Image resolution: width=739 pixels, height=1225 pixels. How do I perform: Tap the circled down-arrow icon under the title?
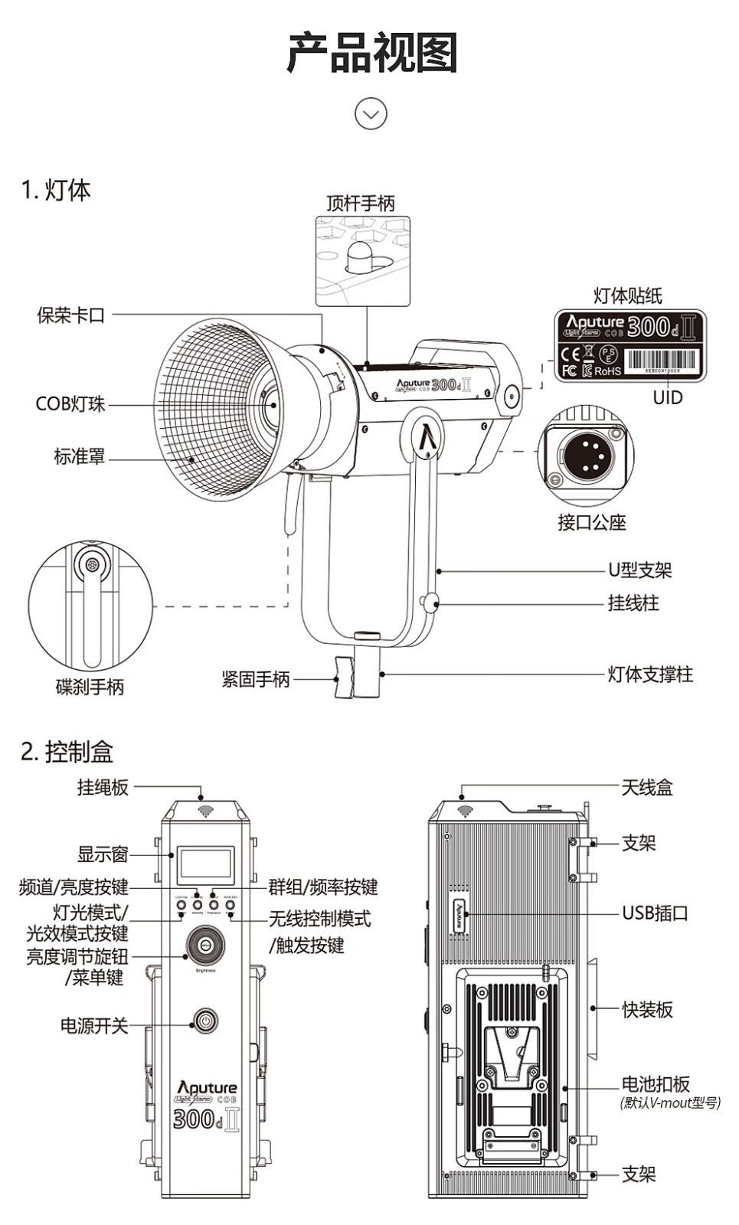pyautogui.click(x=371, y=114)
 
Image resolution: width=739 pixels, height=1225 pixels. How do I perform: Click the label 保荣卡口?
pyautogui.click(x=70, y=315)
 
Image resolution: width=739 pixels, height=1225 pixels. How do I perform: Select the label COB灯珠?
pyautogui.click(x=70, y=403)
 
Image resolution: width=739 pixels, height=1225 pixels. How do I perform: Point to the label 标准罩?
pyautogui.click(x=79, y=457)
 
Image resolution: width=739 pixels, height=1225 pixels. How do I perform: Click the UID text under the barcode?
pyautogui.click(x=667, y=397)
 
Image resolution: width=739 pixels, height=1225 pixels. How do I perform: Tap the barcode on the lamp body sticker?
pyautogui.click(x=663, y=359)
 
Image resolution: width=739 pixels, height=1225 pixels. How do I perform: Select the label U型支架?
pyautogui.click(x=640, y=570)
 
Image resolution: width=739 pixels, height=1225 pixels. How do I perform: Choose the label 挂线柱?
pyautogui.click(x=633, y=603)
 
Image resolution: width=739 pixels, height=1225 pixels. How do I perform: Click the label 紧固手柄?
pyautogui.click(x=256, y=678)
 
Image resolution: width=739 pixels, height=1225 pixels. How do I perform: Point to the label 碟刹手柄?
pyautogui.click(x=90, y=687)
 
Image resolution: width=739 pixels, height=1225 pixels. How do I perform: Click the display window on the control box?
pyautogui.click(x=205, y=865)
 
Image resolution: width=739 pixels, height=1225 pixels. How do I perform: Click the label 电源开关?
pyautogui.click(x=94, y=1025)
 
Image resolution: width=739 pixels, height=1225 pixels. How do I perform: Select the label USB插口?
pyautogui.click(x=655, y=913)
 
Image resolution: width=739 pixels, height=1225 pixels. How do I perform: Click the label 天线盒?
pyautogui.click(x=647, y=787)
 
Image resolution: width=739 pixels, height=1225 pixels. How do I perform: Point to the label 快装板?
pyautogui.click(x=647, y=1009)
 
